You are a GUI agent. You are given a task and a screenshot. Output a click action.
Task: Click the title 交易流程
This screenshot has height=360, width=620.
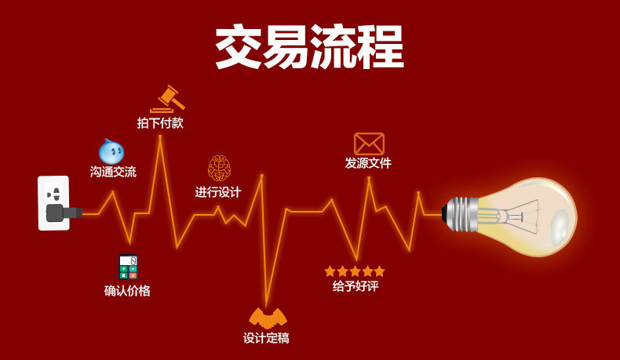(309, 47)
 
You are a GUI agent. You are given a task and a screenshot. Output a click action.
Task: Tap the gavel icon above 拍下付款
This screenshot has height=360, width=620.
(167, 99)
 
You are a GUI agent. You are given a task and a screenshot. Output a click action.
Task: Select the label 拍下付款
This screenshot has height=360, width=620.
(160, 123)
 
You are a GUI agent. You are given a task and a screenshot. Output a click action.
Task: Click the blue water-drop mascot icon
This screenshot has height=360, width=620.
(111, 151)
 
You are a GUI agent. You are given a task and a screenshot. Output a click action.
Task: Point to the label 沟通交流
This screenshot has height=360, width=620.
(113, 172)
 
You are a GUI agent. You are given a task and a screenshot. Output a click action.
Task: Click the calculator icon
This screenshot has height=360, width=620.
(128, 267)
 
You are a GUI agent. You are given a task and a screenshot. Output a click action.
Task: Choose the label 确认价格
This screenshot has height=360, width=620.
(127, 291)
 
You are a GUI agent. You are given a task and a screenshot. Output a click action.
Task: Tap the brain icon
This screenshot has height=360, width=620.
(219, 168)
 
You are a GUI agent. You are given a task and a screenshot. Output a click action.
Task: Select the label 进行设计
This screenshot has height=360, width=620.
(218, 192)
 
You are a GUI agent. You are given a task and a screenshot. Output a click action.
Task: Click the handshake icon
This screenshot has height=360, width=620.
(268, 318)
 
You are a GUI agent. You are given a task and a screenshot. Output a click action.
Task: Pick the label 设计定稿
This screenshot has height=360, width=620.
(266, 338)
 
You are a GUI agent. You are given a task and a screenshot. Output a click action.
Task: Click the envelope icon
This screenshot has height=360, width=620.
(369, 144)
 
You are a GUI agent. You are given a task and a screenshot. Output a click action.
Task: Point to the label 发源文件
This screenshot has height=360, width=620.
(368, 163)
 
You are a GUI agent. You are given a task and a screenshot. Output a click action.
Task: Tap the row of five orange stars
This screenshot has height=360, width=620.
(355, 271)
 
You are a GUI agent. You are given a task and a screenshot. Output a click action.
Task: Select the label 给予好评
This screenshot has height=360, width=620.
(355, 286)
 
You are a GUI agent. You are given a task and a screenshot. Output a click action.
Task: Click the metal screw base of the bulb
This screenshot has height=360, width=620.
(462, 214)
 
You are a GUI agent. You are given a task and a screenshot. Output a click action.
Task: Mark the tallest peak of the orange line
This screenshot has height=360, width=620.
(160, 136)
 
